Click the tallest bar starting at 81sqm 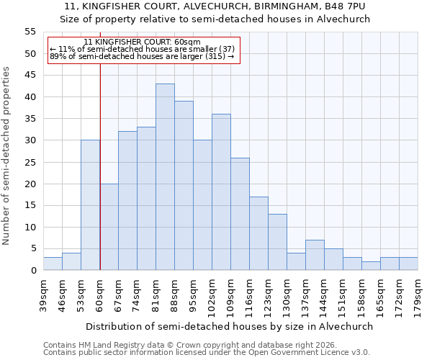pos(165,177)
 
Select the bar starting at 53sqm pos(90,205)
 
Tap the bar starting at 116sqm pos(258,233)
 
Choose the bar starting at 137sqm pos(315,255)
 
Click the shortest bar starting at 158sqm pos(371,266)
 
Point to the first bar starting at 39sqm pos(53,264)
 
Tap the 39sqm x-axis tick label pos(44,294)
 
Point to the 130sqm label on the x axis pos(287,294)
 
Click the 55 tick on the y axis pos(30,32)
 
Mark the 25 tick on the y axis pos(30,162)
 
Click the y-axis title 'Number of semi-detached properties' pos(7,156)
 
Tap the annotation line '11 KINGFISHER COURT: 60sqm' pos(142,42)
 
